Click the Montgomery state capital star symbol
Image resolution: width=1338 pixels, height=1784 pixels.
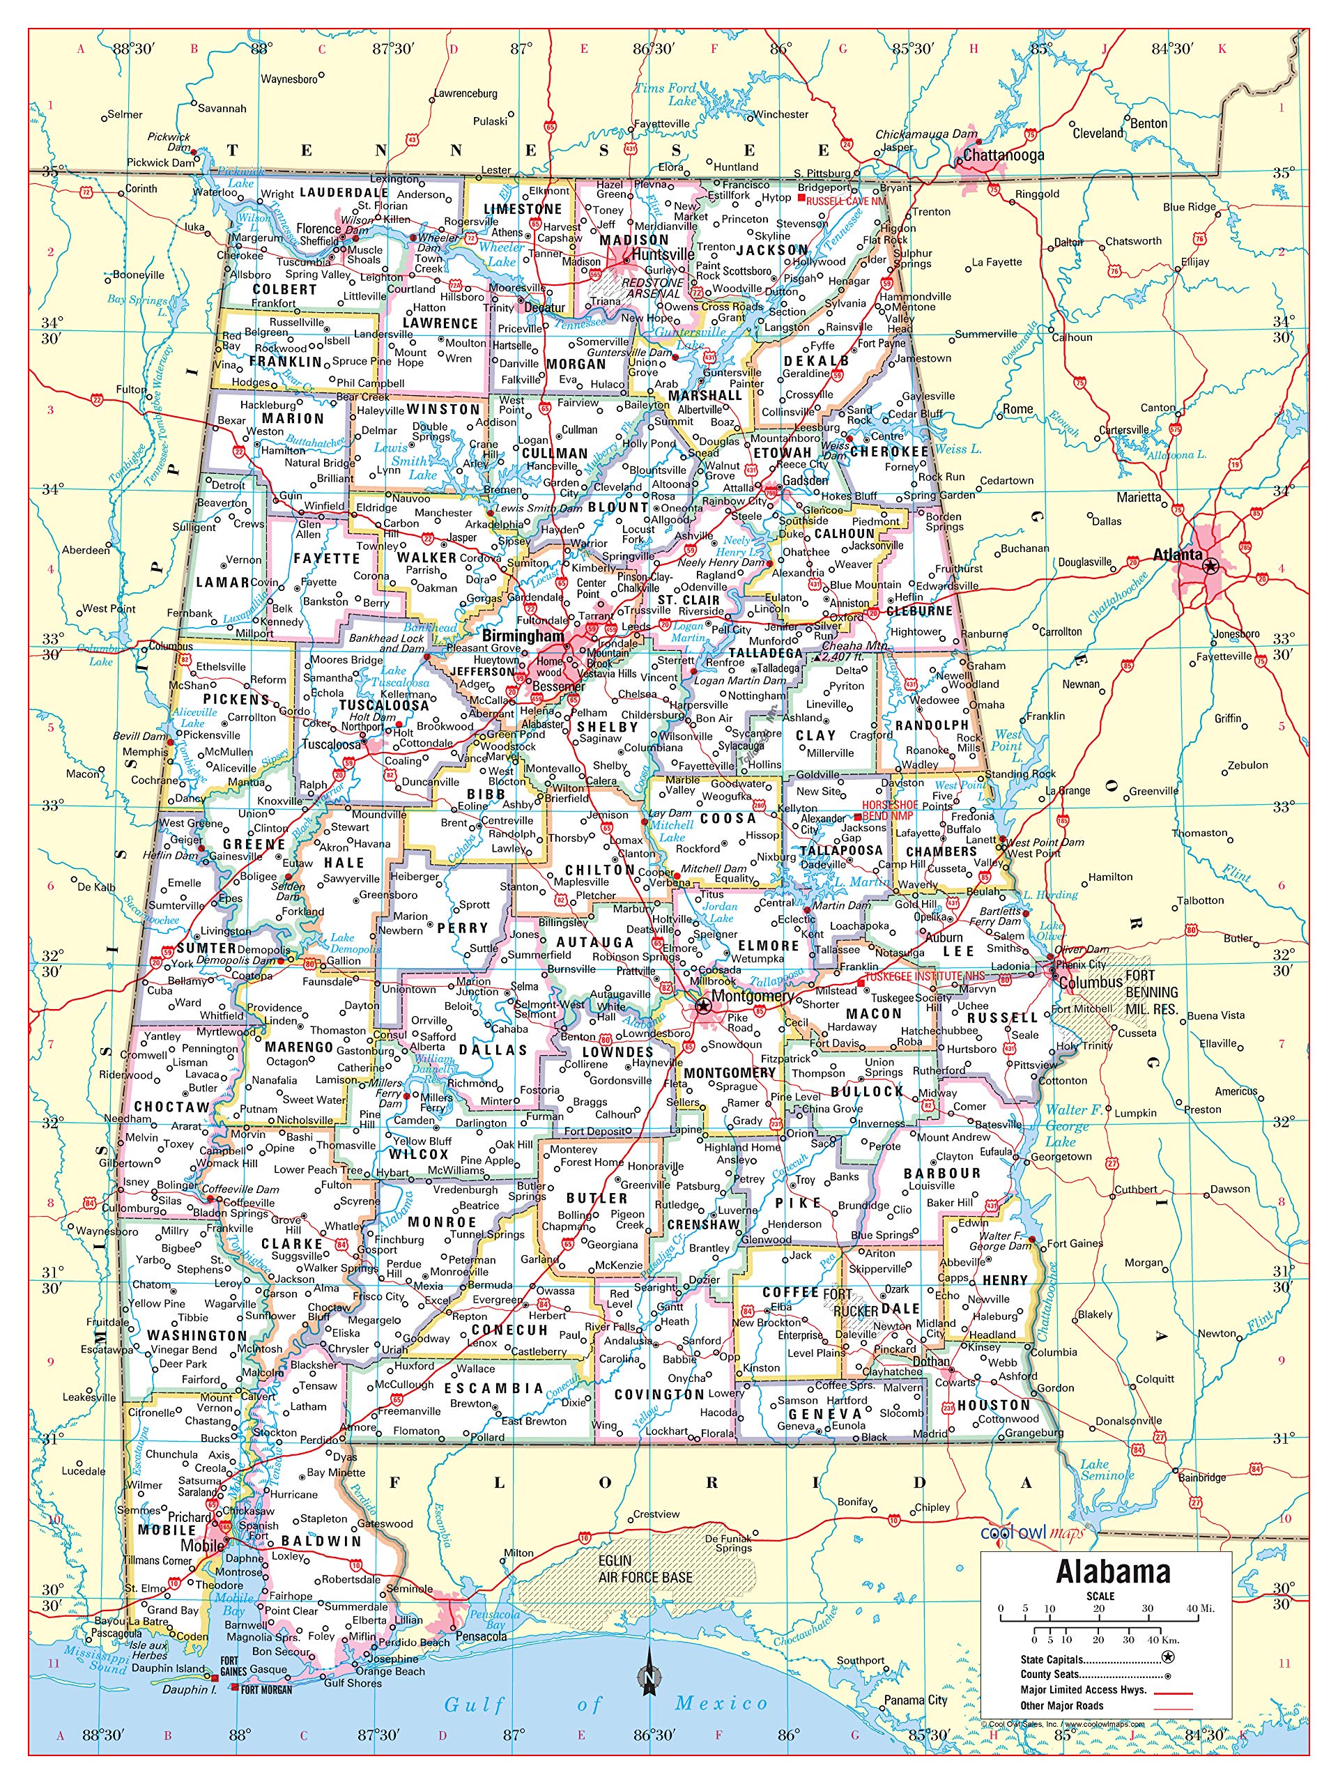[702, 1005]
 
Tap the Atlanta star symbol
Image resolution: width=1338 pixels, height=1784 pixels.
[1209, 567]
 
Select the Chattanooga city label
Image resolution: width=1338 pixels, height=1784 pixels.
[1003, 155]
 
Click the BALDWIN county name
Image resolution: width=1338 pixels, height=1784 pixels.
[321, 1540]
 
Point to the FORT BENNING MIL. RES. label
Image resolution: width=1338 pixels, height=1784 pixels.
[1152, 992]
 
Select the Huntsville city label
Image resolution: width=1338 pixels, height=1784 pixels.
[662, 254]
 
